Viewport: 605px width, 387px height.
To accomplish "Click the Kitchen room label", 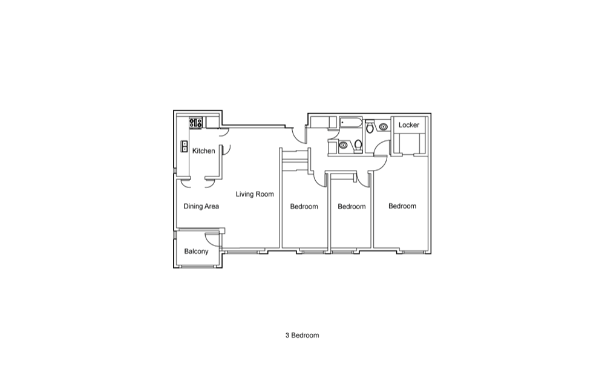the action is [x=203, y=151].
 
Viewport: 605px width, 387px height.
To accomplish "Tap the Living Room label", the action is [x=255, y=194].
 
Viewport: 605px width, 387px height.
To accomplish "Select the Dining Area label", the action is [x=201, y=206].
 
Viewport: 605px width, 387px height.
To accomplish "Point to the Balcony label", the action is [x=196, y=252].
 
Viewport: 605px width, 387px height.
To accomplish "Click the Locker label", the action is [x=408, y=125].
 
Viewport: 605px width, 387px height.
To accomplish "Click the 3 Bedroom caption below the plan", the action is [x=302, y=336].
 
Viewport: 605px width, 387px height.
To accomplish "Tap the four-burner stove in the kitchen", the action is [x=195, y=123].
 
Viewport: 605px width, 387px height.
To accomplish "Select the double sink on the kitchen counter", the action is [x=185, y=146].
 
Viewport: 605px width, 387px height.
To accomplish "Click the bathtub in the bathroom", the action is [x=351, y=123].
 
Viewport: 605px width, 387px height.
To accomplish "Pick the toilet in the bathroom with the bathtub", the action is [x=358, y=146].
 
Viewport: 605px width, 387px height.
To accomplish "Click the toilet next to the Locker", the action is [x=370, y=126].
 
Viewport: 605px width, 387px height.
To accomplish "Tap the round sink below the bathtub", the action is [x=343, y=145].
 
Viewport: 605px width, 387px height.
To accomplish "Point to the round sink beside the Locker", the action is [x=383, y=126].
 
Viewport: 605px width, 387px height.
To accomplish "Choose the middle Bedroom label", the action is [x=352, y=207].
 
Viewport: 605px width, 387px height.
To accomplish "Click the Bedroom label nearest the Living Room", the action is [x=304, y=207].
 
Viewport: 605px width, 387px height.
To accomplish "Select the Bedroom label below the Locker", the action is [x=402, y=206].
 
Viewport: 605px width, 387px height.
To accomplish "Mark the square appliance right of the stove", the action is [x=212, y=122].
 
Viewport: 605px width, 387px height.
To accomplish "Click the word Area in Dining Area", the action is [x=211, y=206].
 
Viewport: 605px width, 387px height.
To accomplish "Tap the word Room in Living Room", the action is [x=264, y=194].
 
